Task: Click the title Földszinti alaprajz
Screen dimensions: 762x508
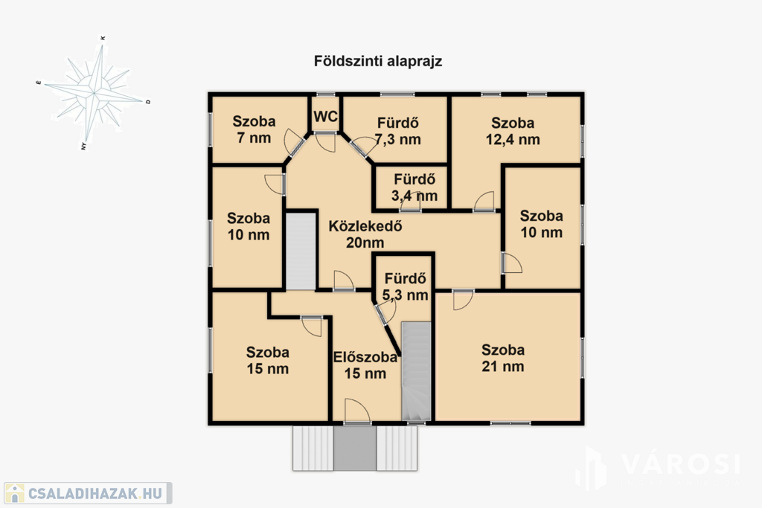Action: tap(377, 62)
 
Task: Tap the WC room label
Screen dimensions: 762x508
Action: tap(326, 117)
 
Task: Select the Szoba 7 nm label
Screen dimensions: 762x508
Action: tap(254, 129)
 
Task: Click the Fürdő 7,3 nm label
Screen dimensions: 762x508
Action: tap(397, 131)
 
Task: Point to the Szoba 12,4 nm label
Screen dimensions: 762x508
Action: tap(513, 131)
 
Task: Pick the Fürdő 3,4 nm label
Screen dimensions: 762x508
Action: tap(414, 187)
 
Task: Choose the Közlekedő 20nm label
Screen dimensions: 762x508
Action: tap(365, 234)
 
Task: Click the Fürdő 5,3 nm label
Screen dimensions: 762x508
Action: tap(406, 286)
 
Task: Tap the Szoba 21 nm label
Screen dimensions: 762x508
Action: tap(503, 358)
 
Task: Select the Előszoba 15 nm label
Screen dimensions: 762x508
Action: tap(365, 365)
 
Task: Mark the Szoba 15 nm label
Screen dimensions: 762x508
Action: tap(267, 360)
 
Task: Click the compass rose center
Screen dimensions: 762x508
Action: tap(94, 91)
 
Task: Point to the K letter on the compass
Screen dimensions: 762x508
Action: tap(103, 38)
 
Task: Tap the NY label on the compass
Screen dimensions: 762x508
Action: tap(83, 146)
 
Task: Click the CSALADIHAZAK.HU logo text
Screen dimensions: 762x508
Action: tap(95, 493)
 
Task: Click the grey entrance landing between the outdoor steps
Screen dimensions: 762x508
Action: tap(355, 448)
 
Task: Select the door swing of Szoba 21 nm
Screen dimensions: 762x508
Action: tap(463, 300)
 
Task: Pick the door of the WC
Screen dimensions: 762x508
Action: tap(325, 142)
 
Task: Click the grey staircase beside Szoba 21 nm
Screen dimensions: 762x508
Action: tap(417, 371)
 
